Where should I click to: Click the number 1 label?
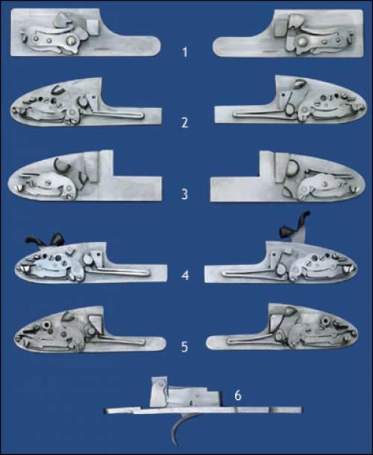pyautogui.click(x=184, y=53)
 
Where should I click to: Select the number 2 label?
pyautogui.click(x=184, y=123)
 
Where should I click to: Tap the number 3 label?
pyautogui.click(x=184, y=194)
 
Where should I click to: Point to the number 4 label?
pyautogui.click(x=185, y=275)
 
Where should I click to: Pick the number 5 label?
pyautogui.click(x=184, y=347)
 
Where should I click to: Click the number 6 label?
pyautogui.click(x=238, y=395)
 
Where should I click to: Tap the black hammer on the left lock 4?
pyautogui.click(x=46, y=241)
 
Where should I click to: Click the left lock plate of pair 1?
pyautogui.click(x=84, y=33)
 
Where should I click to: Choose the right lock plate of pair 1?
pyautogui.click(x=288, y=34)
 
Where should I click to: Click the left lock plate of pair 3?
pyautogui.click(x=84, y=176)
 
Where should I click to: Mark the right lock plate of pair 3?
pyautogui.click(x=288, y=176)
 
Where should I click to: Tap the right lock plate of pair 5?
pyautogui.click(x=282, y=328)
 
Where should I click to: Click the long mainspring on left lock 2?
pyautogui.click(x=113, y=112)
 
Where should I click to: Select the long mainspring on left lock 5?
pyautogui.click(x=119, y=340)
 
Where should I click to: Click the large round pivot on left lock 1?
pyautogui.click(x=70, y=41)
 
